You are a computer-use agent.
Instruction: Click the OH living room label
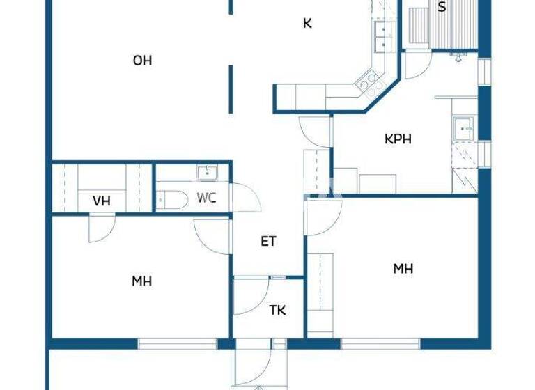pos(142,61)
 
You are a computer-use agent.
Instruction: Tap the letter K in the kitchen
pos(307,24)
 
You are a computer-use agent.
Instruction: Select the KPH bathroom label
pos(398,139)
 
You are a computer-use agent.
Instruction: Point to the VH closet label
pos(102,201)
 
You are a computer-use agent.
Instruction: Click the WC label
pos(206,198)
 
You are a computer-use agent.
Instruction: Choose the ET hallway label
pos(268,242)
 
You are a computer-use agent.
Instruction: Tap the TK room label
pos(277,311)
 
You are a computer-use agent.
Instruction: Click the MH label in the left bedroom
pos(141,281)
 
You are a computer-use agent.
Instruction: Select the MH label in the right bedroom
pos(403,268)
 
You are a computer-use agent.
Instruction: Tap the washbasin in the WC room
pos(206,172)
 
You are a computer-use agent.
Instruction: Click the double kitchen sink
pos(380,36)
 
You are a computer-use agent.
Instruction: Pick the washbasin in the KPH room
pos(463,128)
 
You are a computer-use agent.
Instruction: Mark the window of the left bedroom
pos(177,343)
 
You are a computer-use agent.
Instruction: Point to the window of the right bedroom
pos(380,343)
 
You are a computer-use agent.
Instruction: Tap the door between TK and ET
pos(251,297)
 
